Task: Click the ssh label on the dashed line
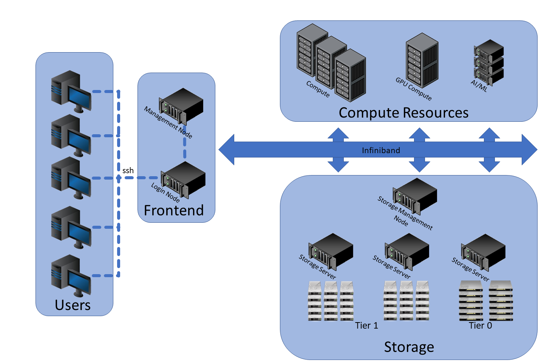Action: tap(128, 171)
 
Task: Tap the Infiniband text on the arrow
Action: tap(381, 150)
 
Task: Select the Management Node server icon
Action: tap(181, 106)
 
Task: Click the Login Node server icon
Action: tap(183, 180)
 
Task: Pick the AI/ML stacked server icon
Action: tap(489, 62)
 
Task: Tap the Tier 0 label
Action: tap(480, 326)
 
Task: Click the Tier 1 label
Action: tap(366, 326)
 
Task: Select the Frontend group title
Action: tap(174, 210)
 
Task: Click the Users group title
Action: tap(73, 305)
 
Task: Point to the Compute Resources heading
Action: tap(403, 113)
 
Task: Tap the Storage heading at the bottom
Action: tap(409, 347)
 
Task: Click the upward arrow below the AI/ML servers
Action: tap(489, 134)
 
